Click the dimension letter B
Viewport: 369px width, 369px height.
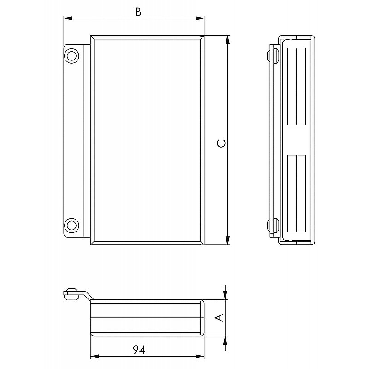pyautogui.click(x=138, y=12)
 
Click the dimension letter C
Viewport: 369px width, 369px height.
pyautogui.click(x=221, y=143)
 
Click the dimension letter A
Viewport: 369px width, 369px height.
pyautogui.click(x=220, y=318)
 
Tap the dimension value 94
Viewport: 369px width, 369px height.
pyautogui.click(x=139, y=350)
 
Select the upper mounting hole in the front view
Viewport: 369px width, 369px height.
pyautogui.click(x=71, y=56)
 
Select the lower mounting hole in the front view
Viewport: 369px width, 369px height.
pyautogui.click(x=71, y=226)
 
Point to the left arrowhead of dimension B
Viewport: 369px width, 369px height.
pyautogui.click(x=68, y=18)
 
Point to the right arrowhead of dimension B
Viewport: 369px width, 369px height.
pyautogui.click(x=200, y=18)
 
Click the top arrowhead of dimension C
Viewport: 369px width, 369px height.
pyautogui.click(x=227, y=40)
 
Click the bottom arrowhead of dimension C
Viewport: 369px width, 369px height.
pyautogui.click(x=227, y=240)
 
